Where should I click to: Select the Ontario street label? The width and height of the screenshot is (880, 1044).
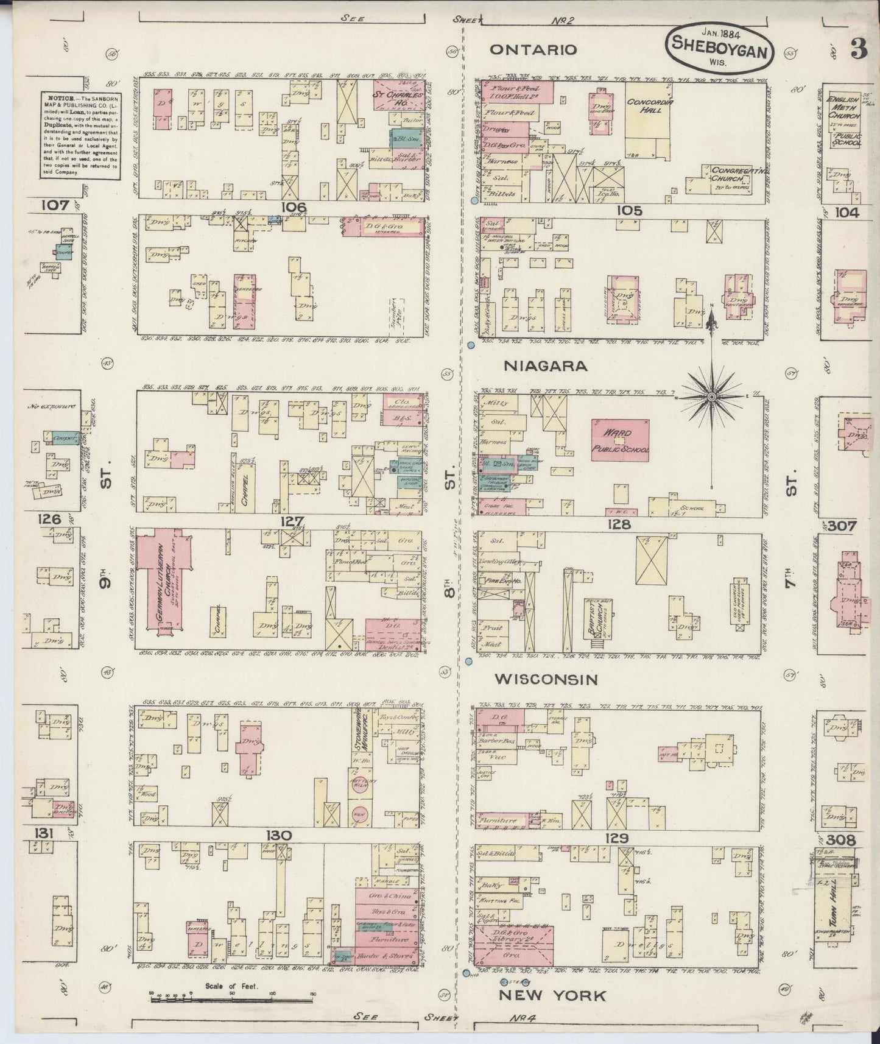click(x=533, y=50)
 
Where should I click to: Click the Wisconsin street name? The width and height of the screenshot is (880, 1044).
click(x=545, y=679)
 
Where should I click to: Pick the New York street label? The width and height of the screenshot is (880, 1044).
click(x=552, y=995)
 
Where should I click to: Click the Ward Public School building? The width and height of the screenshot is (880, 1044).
click(x=620, y=440)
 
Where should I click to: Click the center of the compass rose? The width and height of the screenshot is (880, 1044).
click(x=711, y=397)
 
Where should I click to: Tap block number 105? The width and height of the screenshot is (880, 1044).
click(x=629, y=211)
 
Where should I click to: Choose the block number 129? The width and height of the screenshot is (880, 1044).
click(x=616, y=839)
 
